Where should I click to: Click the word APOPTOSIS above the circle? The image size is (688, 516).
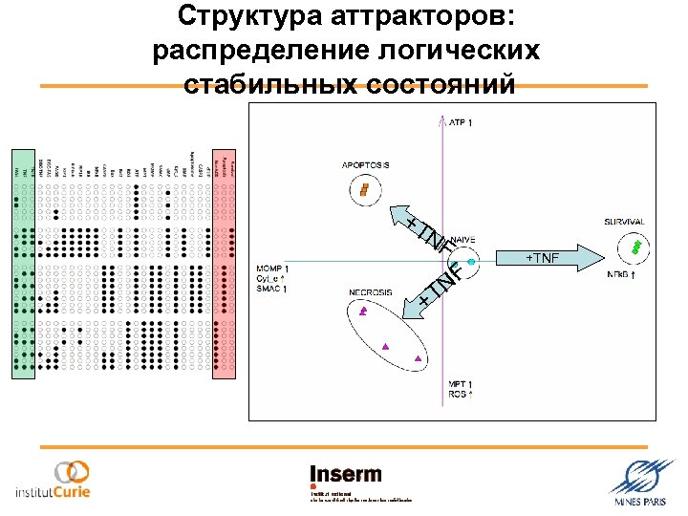(366, 165)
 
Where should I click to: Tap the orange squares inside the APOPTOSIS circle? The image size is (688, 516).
(364, 189)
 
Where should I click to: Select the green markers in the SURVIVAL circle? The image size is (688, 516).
(634, 247)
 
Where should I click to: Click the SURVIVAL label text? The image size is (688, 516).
(624, 222)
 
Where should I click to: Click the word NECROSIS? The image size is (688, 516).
(370, 292)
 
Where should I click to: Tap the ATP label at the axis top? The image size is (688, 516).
(461, 122)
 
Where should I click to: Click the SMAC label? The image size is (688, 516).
(272, 290)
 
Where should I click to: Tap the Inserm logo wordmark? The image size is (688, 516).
(345, 474)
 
